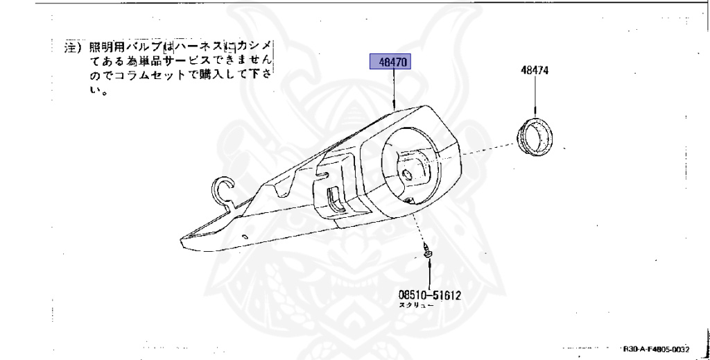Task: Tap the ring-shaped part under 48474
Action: [x=537, y=136]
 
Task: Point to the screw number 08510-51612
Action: [x=429, y=294]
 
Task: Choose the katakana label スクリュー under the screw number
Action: [x=415, y=305]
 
